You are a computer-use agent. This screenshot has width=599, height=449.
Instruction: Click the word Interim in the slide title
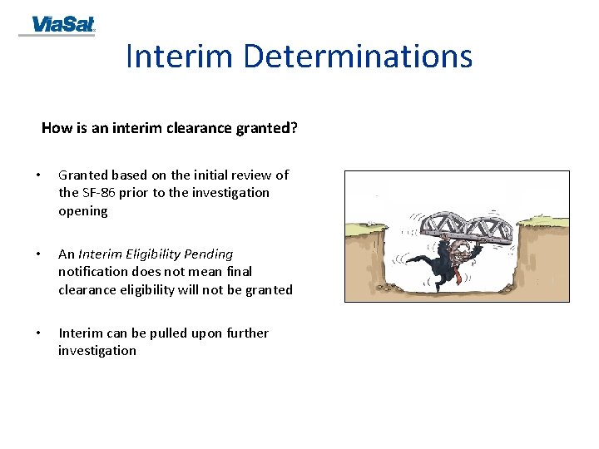coord(180,57)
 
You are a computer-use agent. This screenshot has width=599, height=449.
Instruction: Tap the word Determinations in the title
coord(358,57)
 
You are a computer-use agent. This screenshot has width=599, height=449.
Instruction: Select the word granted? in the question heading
coord(268,128)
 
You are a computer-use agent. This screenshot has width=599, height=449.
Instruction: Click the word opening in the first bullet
coord(83,211)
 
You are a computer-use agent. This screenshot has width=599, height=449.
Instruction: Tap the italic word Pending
coord(211,254)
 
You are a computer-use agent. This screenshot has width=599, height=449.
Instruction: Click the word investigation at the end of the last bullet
coord(97,351)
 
